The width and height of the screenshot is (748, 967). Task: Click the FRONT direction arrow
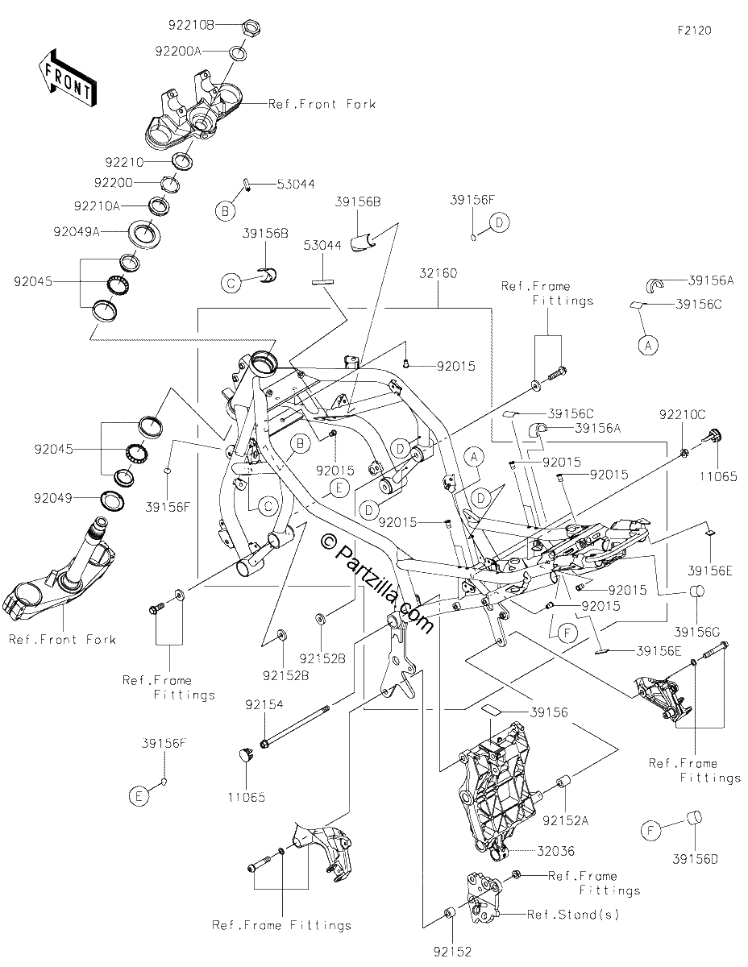(66, 77)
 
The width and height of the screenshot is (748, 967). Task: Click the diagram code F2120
(694, 31)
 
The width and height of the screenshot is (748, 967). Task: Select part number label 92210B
(191, 25)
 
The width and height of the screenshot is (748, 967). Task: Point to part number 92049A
(77, 231)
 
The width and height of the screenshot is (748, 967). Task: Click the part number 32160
(438, 273)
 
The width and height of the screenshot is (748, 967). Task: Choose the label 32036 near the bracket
(555, 850)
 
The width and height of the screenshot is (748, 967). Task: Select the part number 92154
(264, 704)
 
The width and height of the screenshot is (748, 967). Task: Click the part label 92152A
(565, 820)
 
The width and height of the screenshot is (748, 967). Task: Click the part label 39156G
(697, 632)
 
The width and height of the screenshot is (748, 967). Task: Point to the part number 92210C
(682, 414)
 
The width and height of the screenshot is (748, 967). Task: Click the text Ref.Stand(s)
(573, 914)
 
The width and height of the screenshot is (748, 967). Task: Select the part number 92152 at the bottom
(452, 951)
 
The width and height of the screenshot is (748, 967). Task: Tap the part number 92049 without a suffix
(53, 498)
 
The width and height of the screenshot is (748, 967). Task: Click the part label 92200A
(178, 52)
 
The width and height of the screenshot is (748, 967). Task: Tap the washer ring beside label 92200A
(238, 53)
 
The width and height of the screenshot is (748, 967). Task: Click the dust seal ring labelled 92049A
(144, 232)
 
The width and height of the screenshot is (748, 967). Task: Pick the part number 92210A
(97, 206)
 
